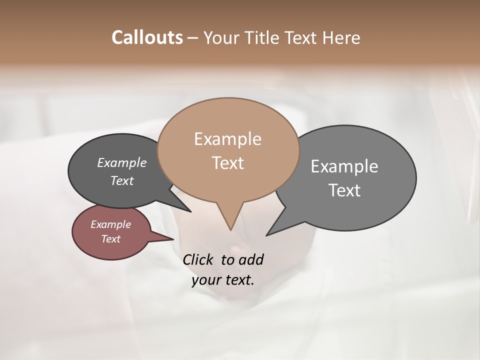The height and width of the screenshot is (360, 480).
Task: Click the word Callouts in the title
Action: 147,37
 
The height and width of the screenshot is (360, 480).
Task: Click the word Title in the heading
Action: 264,37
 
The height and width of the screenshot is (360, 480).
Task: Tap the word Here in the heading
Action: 341,37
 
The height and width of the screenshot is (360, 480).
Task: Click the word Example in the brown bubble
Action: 227,139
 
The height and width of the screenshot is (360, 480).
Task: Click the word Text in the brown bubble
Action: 227,163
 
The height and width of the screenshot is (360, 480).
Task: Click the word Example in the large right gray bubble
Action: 344,166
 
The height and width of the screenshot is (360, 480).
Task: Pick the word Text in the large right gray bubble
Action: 344,190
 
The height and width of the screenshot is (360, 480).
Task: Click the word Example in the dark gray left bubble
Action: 121,162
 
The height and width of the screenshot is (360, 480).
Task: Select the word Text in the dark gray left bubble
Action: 121,180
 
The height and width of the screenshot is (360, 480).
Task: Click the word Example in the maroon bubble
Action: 110,224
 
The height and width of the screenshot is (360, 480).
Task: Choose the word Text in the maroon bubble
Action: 110,239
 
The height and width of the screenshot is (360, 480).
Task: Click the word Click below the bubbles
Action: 199,260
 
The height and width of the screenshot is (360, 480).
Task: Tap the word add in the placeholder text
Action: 250,260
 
